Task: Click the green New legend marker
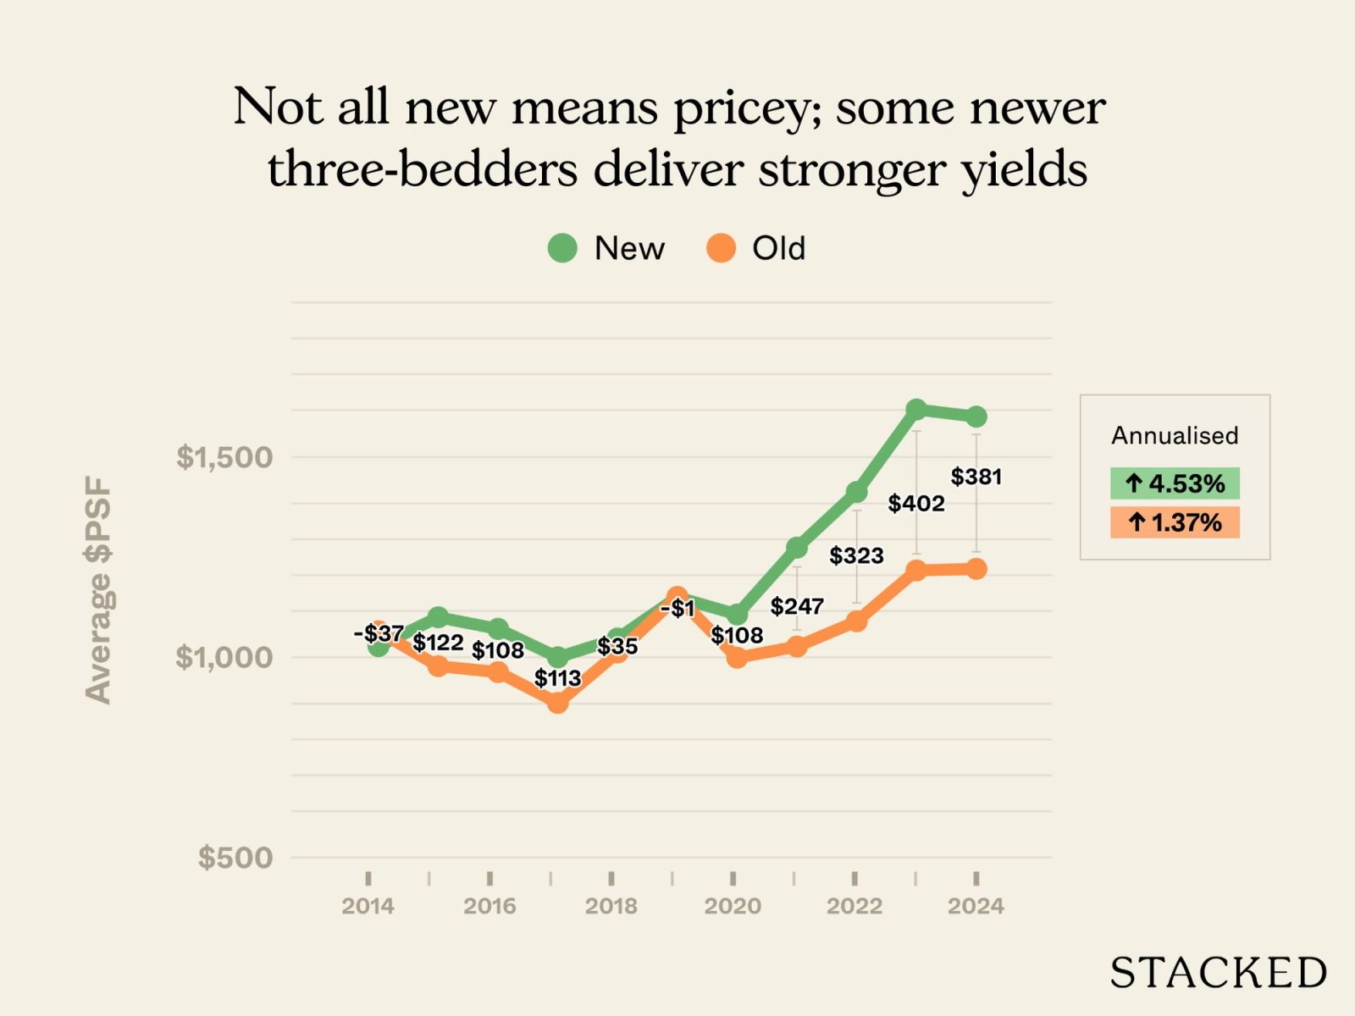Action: (562, 248)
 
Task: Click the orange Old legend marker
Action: (721, 248)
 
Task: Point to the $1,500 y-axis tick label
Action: (224, 457)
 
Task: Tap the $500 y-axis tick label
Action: (235, 858)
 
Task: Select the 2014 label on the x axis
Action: (368, 906)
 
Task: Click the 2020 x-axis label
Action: (733, 906)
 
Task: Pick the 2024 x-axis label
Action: (976, 906)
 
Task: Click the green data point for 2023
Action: (915, 410)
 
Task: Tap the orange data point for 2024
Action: (976, 569)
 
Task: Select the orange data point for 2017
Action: (557, 703)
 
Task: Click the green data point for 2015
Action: (438, 616)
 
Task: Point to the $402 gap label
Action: (916, 504)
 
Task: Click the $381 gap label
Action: (976, 477)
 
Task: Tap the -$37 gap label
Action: (379, 633)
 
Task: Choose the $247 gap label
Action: (797, 606)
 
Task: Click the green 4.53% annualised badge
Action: (1175, 483)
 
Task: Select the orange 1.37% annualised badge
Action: (1175, 522)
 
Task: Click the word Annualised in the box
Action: (1175, 435)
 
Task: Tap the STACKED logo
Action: (1218, 973)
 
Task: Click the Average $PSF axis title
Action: (98, 590)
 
